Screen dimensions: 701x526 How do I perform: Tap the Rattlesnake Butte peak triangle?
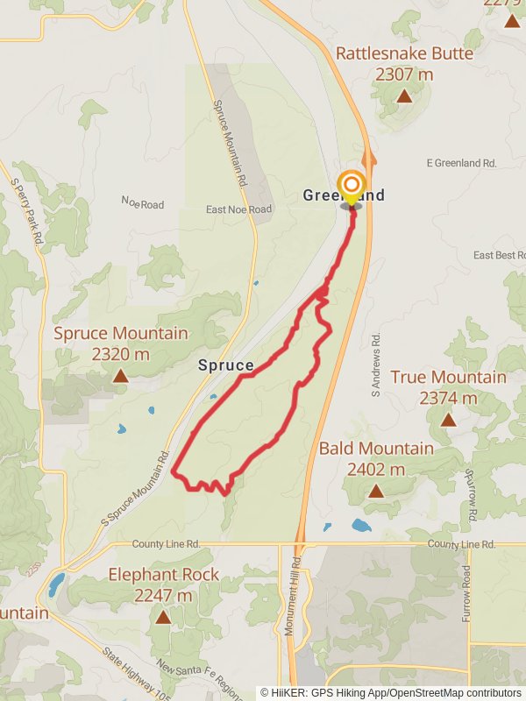coord(404,96)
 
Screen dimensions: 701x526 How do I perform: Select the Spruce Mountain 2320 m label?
coord(120,343)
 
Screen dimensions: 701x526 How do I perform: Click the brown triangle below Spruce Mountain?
coord(120,377)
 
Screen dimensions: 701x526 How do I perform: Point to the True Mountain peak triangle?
coord(448,420)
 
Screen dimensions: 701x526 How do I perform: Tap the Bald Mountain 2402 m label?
coord(376,458)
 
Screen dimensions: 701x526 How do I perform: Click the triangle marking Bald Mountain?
coord(376,491)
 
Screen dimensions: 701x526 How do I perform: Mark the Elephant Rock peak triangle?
coord(162,617)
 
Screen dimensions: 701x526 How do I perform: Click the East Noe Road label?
coord(238,209)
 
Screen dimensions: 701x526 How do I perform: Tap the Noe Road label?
coord(142,204)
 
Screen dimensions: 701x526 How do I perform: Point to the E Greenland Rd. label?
coord(461,163)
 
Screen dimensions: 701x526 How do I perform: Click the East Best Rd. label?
coord(499,255)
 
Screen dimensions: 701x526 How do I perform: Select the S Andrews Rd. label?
coord(375,364)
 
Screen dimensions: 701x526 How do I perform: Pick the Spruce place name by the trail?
coord(225,365)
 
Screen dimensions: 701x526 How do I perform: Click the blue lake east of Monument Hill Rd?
coord(361,526)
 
